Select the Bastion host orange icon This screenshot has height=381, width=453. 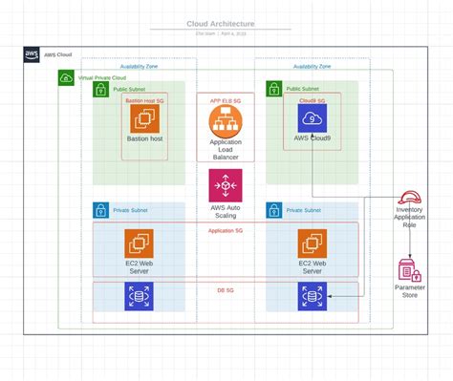(145, 118)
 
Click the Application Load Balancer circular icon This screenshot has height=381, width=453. (226, 120)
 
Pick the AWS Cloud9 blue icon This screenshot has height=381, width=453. (313, 118)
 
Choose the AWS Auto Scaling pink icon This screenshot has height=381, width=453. (226, 185)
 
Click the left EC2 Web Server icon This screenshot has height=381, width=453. (140, 243)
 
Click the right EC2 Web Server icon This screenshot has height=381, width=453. (312, 243)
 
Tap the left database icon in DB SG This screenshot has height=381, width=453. (140, 298)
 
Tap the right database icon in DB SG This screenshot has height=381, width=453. (312, 298)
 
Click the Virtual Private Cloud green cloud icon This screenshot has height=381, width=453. (66, 75)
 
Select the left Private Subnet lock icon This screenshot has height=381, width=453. (100, 209)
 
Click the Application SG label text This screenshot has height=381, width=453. (226, 230)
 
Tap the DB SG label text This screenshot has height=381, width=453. (226, 287)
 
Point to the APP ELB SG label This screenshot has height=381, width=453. (226, 98)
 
